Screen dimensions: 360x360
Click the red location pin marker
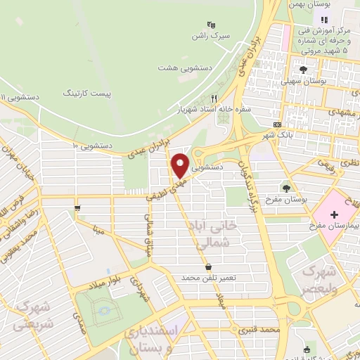pyautogui.click(x=180, y=166)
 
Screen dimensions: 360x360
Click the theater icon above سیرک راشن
pyautogui.click(x=210, y=24)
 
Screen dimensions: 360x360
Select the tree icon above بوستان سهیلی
pyautogui.click(x=303, y=70)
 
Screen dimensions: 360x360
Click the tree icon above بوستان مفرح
pyautogui.click(x=286, y=188)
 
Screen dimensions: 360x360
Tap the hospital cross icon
pyautogui.click(x=334, y=212)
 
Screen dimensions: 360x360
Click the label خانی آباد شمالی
pyautogui.click(x=215, y=234)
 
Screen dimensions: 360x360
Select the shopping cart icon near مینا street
pyautogui.click(x=77, y=208)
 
